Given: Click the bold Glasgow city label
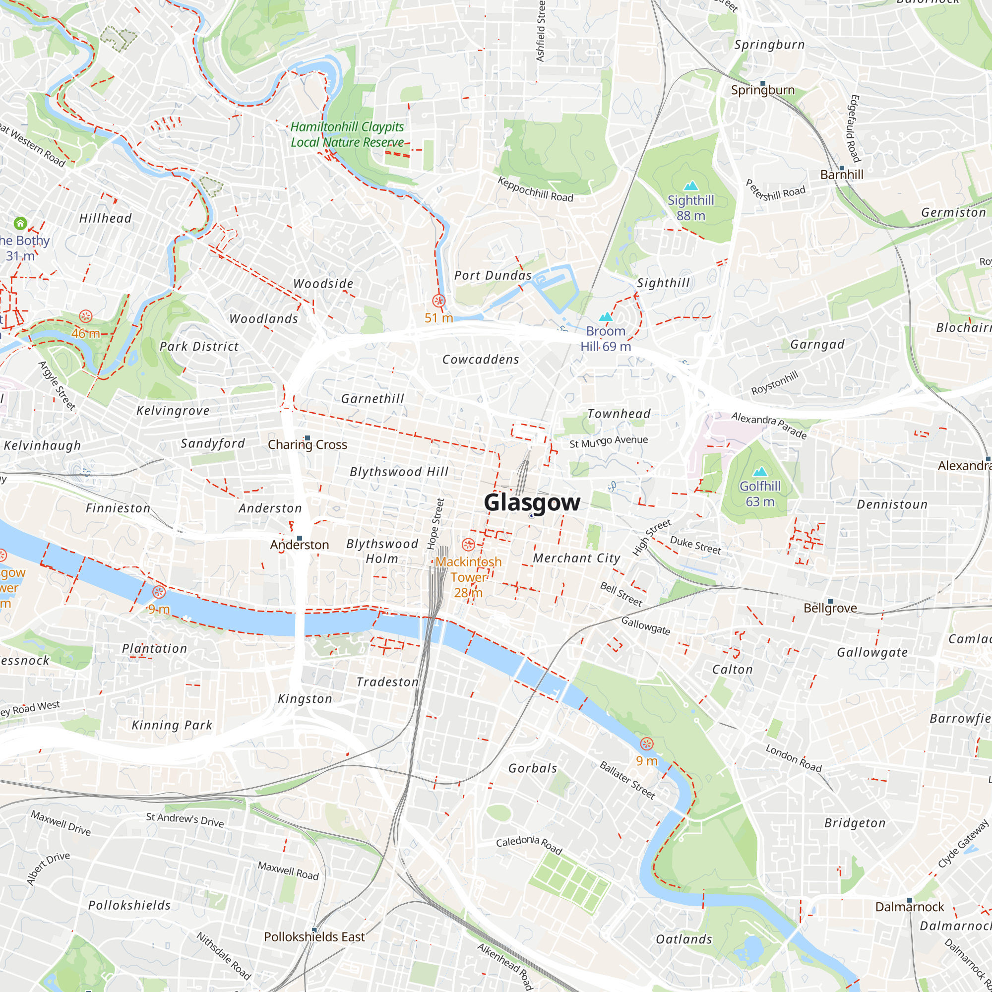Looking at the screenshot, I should click(532, 502).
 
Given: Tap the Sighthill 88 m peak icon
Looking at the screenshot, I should click(691, 186).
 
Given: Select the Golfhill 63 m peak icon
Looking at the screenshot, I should click(760, 471).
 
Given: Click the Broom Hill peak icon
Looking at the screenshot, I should click(606, 317).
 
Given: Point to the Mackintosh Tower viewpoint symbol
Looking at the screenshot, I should click(468, 544).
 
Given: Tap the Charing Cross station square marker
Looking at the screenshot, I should click(308, 438).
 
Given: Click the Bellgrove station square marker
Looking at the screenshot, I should click(830, 601).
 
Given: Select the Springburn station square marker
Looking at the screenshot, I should click(762, 83).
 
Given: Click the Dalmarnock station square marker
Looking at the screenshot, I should click(909, 900).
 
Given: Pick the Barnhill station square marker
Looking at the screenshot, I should click(842, 168).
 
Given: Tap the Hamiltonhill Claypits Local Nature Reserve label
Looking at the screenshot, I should click(347, 134).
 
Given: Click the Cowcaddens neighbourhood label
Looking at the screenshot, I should click(481, 360).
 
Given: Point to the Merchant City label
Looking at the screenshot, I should click(577, 558).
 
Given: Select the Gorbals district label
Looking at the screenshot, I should click(532, 768).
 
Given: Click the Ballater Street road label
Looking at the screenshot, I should click(627, 780).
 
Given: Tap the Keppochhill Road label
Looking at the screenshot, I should click(535, 189).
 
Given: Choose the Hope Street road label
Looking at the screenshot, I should click(435, 523).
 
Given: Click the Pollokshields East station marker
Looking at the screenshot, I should click(314, 930).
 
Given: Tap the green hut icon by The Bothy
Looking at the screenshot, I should click(20, 223).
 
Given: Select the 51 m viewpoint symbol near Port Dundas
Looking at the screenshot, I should click(438, 301).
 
